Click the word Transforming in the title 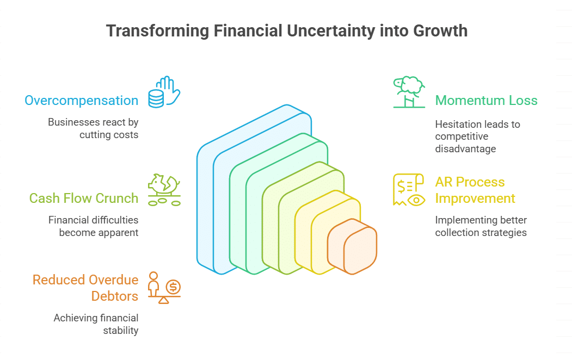(158, 32)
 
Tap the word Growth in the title (440, 30)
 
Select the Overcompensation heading (81, 101)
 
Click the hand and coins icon (164, 92)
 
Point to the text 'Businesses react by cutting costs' (93, 128)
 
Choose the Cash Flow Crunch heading (84, 198)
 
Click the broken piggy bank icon (164, 190)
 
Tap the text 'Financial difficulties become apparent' (94, 226)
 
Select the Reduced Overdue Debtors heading (85, 288)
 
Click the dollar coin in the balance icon (173, 287)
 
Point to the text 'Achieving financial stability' (96, 324)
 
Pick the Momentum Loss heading (486, 101)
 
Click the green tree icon (409, 92)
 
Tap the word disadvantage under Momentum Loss (465, 148)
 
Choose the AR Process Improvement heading (475, 190)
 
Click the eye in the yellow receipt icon (416, 200)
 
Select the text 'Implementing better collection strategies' (481, 226)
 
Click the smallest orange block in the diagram (352, 246)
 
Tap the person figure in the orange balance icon (153, 284)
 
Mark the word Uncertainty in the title (330, 32)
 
